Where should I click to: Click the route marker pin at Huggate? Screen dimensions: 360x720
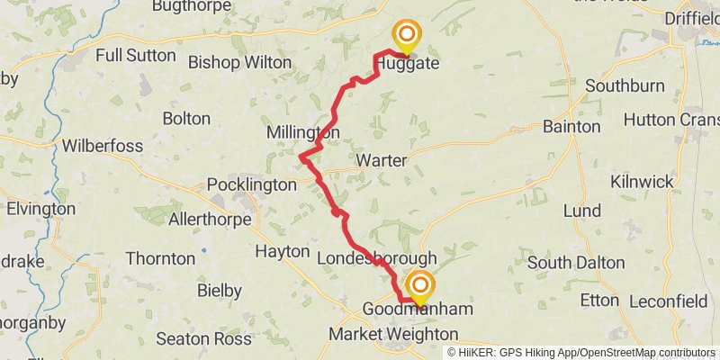[407, 37]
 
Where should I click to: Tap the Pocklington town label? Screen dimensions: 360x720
[252, 184]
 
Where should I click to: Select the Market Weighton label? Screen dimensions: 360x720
[393, 334]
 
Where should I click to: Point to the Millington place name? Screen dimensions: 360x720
[303, 133]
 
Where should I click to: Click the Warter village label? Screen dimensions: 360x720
[382, 160]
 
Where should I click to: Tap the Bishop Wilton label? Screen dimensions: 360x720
[240, 62]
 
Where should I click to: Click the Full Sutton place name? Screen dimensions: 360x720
[136, 55]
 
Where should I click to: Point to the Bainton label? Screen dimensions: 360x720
[571, 127]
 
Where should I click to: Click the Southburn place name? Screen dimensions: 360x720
[625, 85]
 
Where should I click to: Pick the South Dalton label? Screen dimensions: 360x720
[576, 262]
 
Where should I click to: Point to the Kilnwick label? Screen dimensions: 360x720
[642, 182]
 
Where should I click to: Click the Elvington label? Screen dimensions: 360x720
[40, 209]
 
